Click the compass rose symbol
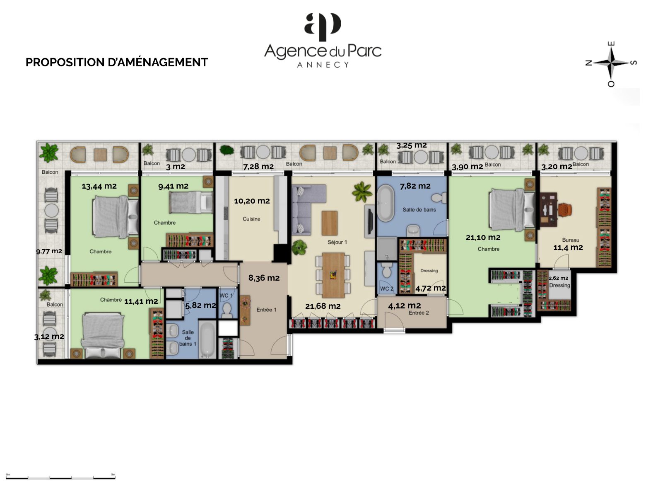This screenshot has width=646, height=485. click(x=611, y=63)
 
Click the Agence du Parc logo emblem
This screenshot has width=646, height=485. click(x=323, y=27)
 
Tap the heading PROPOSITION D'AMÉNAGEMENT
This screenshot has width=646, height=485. click(x=117, y=63)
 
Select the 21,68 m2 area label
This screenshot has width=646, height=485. click(x=323, y=306)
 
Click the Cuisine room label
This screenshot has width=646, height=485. click(x=251, y=219)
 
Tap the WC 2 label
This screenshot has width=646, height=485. click(x=387, y=289)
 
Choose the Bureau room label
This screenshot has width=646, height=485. click(x=570, y=240)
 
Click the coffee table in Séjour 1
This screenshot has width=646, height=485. click(x=329, y=223)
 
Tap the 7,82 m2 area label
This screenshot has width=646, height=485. click(x=415, y=186)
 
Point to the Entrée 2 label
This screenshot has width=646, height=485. click(x=419, y=313)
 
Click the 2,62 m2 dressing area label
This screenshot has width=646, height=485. click(x=558, y=278)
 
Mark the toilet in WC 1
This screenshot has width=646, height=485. click(x=227, y=310)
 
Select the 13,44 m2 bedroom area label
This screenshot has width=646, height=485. click(x=99, y=186)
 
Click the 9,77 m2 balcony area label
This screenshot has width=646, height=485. click(x=49, y=251)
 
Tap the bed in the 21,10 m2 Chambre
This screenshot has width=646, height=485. click(x=512, y=209)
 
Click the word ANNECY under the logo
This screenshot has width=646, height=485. click(x=323, y=65)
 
